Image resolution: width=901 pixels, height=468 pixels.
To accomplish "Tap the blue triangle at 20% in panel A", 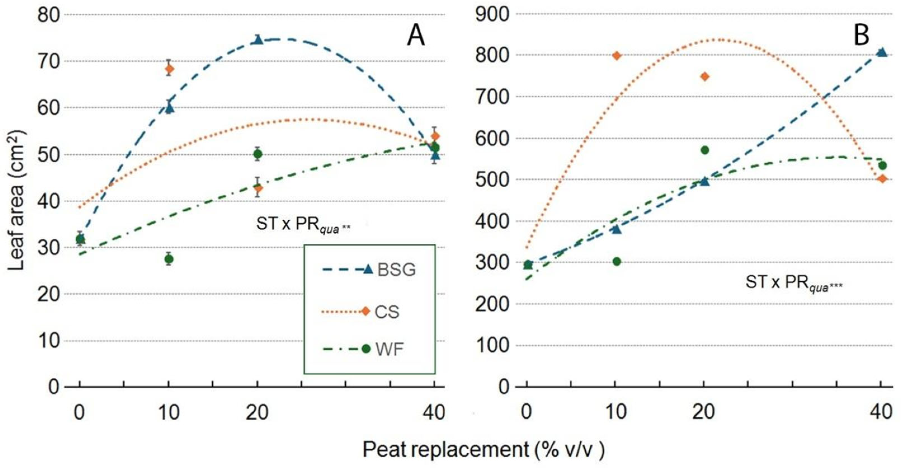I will click(x=258, y=39).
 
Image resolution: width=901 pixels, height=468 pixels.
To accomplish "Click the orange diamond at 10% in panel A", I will click(x=169, y=68).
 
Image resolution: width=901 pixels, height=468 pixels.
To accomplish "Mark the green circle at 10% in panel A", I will click(x=169, y=259).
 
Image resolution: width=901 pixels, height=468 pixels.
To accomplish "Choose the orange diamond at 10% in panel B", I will click(x=617, y=56).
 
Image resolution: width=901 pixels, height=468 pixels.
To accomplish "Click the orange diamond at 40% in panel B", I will click(x=882, y=179).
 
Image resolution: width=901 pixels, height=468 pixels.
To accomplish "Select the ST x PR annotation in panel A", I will click(x=303, y=224).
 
